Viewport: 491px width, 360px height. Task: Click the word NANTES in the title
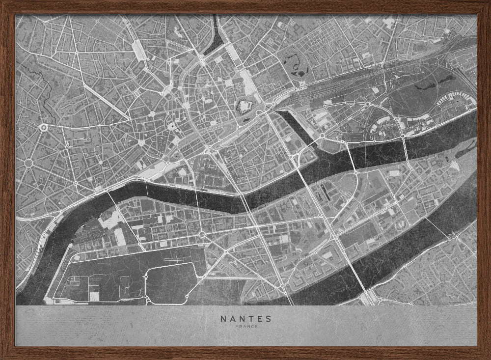pos(245,318)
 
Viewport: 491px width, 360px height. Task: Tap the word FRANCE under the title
pos(245,326)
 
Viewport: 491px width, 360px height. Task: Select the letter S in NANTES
pos(268,318)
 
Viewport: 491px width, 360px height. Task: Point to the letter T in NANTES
pos(249,318)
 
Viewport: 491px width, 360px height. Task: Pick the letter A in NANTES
pos(232,318)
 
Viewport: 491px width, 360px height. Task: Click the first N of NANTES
pos(223,318)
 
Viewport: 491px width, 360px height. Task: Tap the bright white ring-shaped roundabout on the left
pos(44,128)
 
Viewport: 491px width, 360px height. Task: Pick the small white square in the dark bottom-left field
pos(94,296)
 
